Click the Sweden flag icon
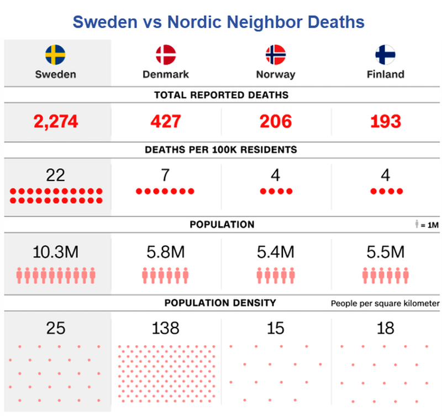tap(55, 54)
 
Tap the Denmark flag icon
tap(166, 54)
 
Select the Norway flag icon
tap(275, 54)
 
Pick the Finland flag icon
tap(385, 54)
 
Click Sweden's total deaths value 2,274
tap(55, 122)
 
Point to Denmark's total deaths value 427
tap(166, 122)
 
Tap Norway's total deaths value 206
tap(275, 122)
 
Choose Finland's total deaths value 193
tap(385, 122)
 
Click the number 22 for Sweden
tap(56, 175)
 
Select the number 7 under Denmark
tap(165, 175)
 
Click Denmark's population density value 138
tap(165, 329)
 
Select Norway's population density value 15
tap(275, 329)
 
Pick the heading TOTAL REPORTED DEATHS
tap(221, 95)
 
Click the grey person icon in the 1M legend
tap(418, 225)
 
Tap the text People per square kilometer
tap(385, 304)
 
